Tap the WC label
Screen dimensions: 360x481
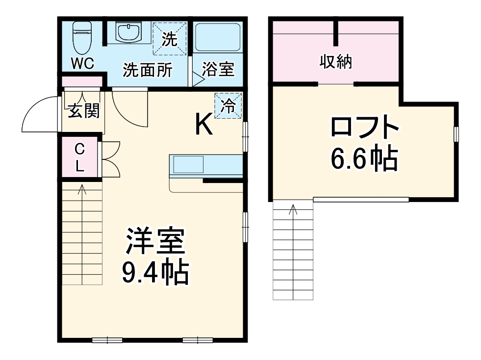click(82, 64)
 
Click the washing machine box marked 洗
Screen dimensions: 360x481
click(170, 38)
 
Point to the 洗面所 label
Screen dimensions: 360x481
click(147, 71)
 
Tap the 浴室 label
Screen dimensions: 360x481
click(218, 70)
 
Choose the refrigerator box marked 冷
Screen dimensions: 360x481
click(228, 105)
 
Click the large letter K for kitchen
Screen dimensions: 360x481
click(204, 125)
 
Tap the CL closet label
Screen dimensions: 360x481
click(79, 157)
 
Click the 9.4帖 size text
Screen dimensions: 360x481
click(155, 274)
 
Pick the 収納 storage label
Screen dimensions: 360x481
click(336, 62)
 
